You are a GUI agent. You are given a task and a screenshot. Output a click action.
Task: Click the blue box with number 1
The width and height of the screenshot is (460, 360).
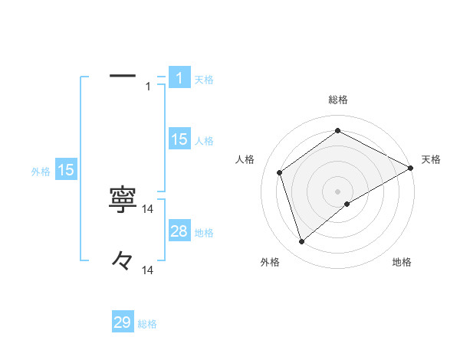coord(179,77)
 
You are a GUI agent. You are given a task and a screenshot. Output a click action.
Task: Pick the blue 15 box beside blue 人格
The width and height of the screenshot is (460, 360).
coord(179,139)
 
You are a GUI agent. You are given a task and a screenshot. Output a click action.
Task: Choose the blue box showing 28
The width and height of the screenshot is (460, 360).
coord(179,231)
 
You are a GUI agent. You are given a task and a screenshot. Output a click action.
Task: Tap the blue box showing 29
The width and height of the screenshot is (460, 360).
coord(123,322)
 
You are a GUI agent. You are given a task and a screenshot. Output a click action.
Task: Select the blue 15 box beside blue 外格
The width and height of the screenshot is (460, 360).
coord(66,170)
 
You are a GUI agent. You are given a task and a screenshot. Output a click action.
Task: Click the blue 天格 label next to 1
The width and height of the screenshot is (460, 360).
coord(204,79)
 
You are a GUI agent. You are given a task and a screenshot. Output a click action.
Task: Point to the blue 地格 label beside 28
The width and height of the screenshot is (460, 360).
coord(204,232)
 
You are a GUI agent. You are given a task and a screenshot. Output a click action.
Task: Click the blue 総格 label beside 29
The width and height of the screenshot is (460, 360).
coord(147,324)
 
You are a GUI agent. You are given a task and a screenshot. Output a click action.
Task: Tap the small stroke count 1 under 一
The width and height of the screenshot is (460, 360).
coord(148,87)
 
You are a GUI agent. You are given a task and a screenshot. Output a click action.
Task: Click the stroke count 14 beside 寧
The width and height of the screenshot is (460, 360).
coord(148,208)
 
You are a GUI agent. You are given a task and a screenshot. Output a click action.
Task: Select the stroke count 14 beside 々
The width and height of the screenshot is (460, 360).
coord(148,270)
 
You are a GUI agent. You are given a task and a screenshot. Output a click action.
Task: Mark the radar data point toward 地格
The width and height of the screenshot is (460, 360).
coord(347,204)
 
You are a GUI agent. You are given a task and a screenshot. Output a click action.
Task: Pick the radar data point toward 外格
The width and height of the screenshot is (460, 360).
coord(301,242)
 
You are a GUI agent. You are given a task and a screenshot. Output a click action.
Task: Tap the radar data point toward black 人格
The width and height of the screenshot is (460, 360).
coord(280,172)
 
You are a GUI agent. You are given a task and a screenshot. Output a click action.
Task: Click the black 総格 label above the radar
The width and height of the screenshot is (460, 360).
coord(337,100)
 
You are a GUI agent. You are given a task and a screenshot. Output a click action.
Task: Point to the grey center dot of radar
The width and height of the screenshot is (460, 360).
coord(337,191)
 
